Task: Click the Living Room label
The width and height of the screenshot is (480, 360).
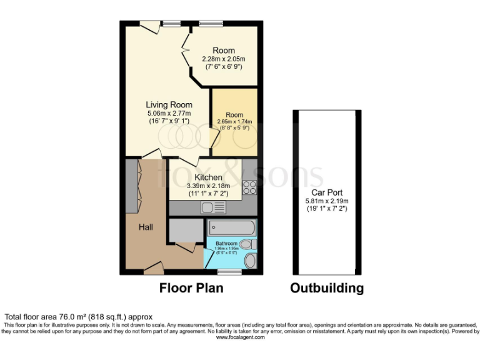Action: point(169,104)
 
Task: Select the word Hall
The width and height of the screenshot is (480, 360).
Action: point(147,226)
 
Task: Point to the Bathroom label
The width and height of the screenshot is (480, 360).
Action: point(226,243)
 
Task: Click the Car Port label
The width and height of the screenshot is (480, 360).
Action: point(326,192)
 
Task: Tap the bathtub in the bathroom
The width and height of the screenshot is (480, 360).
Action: point(231,226)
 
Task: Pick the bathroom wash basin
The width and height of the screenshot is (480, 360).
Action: point(250,261)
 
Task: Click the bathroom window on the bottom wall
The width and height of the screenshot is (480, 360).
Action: point(230,272)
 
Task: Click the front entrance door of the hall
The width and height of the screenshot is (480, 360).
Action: point(153,268)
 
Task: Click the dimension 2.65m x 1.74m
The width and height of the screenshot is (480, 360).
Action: point(234,121)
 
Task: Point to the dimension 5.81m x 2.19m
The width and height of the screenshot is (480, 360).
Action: point(326,201)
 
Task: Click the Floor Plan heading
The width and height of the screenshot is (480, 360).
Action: point(191,288)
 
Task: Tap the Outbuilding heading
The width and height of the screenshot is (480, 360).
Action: point(327,288)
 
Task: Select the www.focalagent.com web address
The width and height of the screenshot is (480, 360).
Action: point(241,337)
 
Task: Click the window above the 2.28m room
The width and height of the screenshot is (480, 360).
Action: point(207,24)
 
